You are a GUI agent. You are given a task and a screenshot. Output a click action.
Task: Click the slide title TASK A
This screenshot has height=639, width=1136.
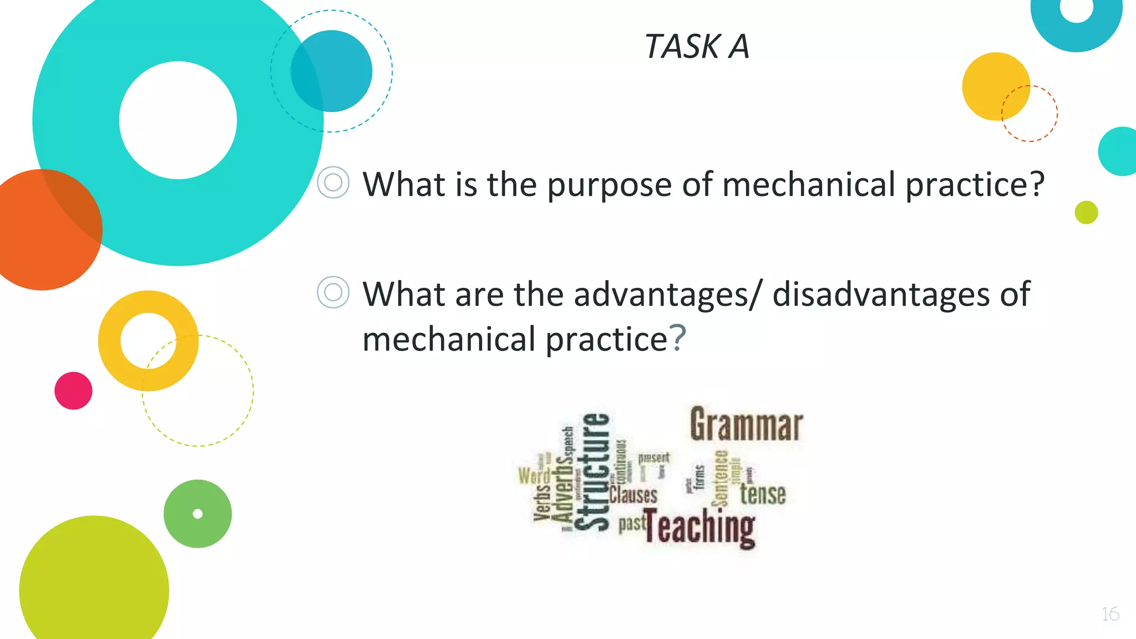(697, 46)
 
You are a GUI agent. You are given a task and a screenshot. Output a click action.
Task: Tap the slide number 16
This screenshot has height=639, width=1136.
(1110, 614)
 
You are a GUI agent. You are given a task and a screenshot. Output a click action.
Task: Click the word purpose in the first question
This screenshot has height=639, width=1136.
(609, 185)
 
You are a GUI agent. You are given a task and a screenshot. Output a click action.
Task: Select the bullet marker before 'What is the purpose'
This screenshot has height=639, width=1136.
(333, 182)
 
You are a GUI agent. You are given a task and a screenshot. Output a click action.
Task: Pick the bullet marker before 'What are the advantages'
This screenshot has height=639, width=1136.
(333, 292)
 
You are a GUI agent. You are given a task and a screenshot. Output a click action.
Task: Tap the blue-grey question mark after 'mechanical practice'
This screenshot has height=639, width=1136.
(678, 338)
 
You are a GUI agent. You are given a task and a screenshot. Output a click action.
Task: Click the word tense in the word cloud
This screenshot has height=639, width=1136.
(763, 494)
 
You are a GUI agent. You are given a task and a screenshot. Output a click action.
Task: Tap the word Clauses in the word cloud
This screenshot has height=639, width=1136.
(633, 494)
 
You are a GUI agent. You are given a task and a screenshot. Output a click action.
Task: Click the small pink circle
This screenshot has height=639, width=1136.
(73, 390)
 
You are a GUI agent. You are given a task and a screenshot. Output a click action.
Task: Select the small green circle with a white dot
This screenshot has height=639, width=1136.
(197, 514)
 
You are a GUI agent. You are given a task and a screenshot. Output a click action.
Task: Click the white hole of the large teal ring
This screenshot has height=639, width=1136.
(178, 120)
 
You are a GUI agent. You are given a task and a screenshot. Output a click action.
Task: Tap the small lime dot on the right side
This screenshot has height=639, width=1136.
(1086, 212)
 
